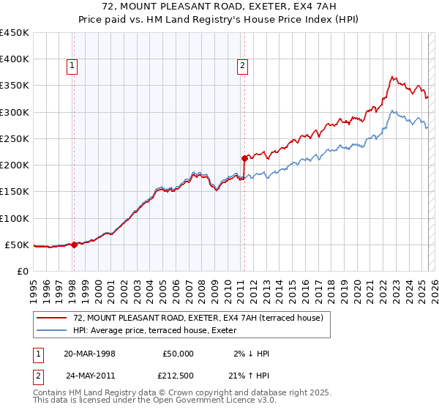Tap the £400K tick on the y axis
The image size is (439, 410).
pyautogui.click(x=15, y=59)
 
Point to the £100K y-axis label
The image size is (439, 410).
pyautogui.click(x=15, y=218)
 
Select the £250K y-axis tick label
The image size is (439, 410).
pyautogui.click(x=15, y=138)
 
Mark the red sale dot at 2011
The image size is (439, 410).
pyautogui.click(x=244, y=158)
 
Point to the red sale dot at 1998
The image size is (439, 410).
pyautogui.click(x=74, y=245)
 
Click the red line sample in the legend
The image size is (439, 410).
pyautogui.click(x=51, y=318)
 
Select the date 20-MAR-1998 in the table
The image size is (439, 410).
pyautogui.click(x=90, y=353)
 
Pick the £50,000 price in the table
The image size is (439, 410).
pyautogui.click(x=178, y=353)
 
